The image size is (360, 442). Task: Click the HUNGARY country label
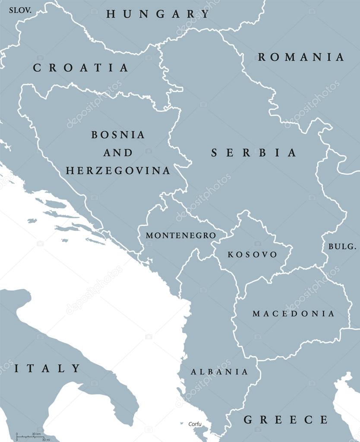158,14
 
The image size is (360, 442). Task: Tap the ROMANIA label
301,57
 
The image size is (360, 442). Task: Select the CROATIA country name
81,68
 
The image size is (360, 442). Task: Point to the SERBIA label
254,153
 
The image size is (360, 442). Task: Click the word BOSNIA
118,134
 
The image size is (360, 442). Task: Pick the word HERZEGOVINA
118,171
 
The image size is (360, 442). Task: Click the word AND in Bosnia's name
117,153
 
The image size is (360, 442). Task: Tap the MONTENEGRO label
180,235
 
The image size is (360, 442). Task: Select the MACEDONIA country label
293,314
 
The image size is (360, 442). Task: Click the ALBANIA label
219,372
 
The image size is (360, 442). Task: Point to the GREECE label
286,420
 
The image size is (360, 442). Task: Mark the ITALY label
47,369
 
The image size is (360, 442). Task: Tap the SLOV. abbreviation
20,9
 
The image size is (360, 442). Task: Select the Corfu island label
195,424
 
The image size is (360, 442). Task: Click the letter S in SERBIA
215,153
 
